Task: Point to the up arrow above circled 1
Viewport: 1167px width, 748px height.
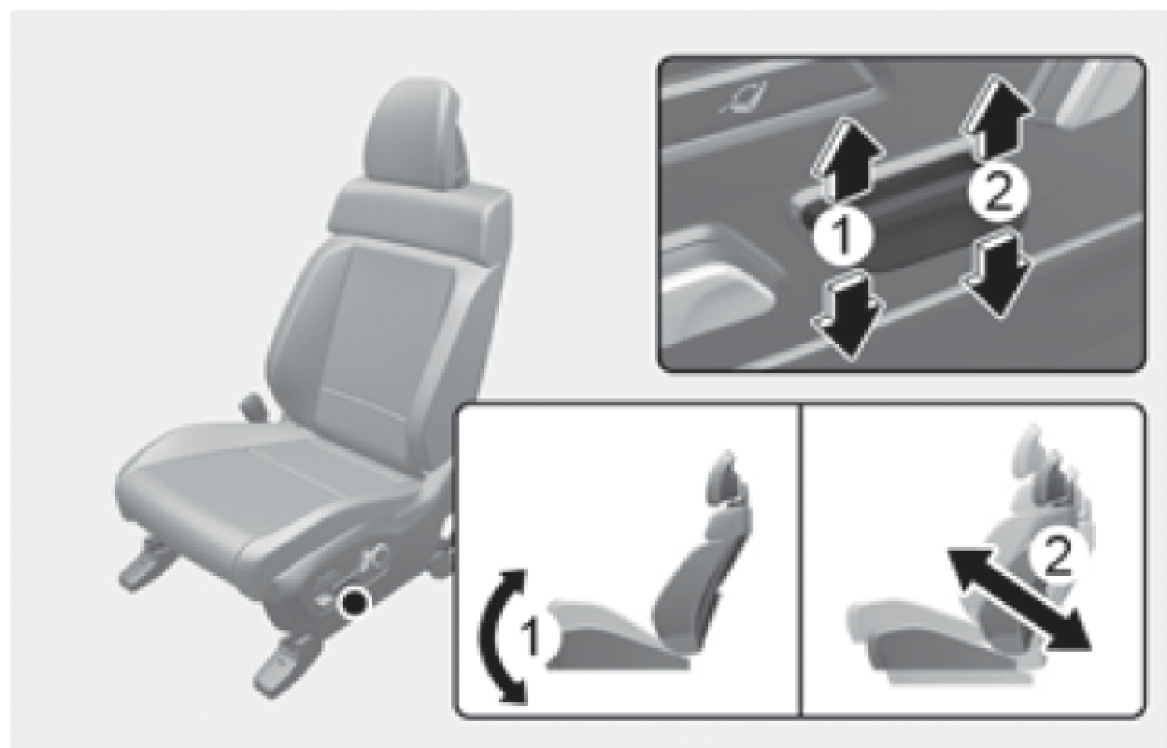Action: tap(847, 159)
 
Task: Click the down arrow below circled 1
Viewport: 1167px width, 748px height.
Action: tap(847, 314)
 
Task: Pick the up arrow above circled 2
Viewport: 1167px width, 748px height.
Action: tap(995, 116)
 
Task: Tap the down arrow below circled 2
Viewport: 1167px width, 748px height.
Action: tap(996, 274)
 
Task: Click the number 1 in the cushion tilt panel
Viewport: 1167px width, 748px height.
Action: tap(532, 636)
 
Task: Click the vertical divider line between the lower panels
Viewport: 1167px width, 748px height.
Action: tap(801, 559)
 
